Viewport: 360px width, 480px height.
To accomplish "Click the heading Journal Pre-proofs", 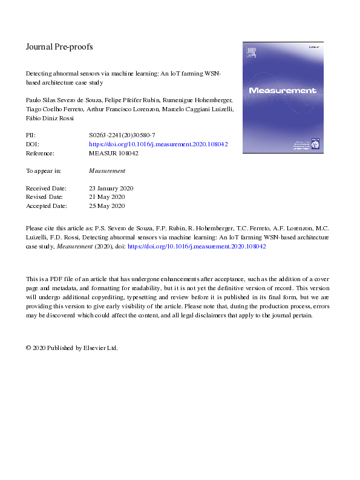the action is point(59,47).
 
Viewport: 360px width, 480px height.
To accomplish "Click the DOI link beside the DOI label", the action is point(158,145).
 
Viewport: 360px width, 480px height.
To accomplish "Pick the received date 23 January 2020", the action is point(111,189).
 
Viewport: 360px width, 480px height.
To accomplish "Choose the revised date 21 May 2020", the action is point(106,197).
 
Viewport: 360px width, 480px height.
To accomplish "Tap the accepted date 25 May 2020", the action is point(106,206).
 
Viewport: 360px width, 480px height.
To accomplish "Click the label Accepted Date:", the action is point(45,206).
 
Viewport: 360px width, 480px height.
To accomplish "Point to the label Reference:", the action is point(42,154).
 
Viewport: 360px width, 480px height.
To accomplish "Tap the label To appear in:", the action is point(44,171).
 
